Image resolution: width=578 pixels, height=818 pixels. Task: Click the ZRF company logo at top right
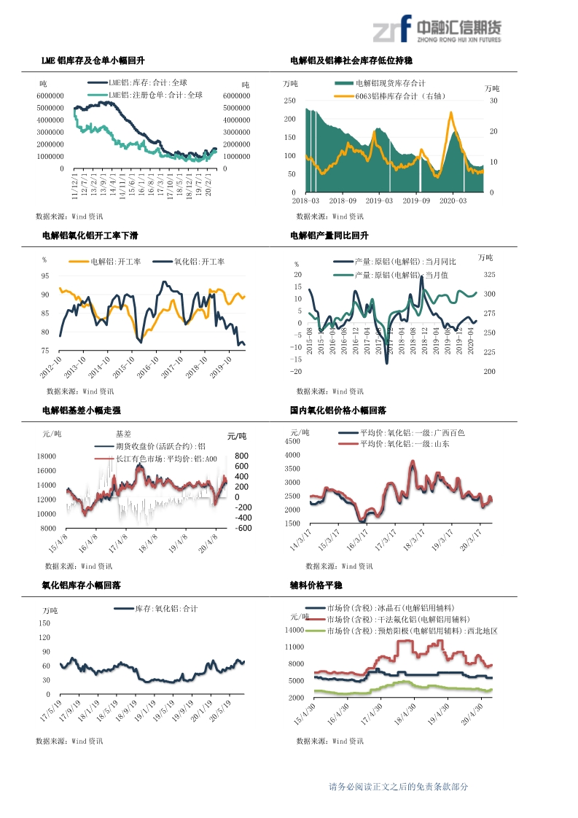coord(437,29)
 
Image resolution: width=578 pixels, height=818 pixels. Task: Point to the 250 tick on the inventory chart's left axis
coord(289,101)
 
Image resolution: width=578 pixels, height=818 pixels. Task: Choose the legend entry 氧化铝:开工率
coord(199,262)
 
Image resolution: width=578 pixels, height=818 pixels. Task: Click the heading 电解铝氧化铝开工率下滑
coord(90,235)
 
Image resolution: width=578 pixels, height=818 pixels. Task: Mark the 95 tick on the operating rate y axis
coord(45,276)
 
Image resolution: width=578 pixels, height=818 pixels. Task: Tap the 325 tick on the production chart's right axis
coord(488,275)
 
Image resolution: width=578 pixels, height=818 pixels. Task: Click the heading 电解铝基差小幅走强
coord(81,411)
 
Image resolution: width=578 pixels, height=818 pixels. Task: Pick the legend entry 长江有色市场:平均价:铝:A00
coord(165,459)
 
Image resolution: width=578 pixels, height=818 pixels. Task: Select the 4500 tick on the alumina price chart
coord(292,441)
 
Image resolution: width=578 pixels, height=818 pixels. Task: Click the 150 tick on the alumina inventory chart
coord(44,624)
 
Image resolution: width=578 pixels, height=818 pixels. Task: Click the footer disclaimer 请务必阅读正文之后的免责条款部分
coord(398,787)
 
